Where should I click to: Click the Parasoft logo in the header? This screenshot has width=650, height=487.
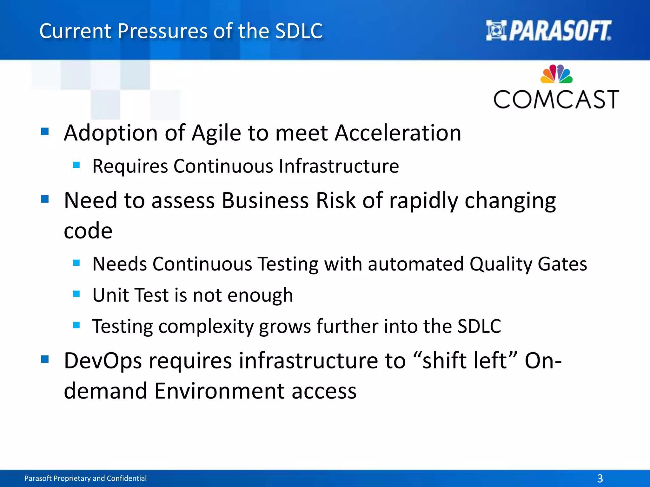click(548, 31)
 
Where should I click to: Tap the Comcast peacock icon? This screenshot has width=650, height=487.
click(556, 74)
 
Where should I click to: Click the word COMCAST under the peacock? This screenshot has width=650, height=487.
click(556, 100)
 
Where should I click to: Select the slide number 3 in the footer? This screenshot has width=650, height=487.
click(600, 478)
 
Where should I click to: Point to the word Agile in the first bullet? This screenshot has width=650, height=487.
click(216, 133)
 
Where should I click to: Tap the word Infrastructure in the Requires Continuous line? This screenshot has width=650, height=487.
click(339, 166)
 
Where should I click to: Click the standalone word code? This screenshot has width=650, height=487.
click(88, 231)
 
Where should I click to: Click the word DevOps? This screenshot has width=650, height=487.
click(103, 361)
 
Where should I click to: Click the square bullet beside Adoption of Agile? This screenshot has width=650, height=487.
click(45, 131)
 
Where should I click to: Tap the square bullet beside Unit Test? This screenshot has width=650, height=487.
click(76, 294)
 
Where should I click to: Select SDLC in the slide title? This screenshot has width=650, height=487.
click(299, 31)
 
